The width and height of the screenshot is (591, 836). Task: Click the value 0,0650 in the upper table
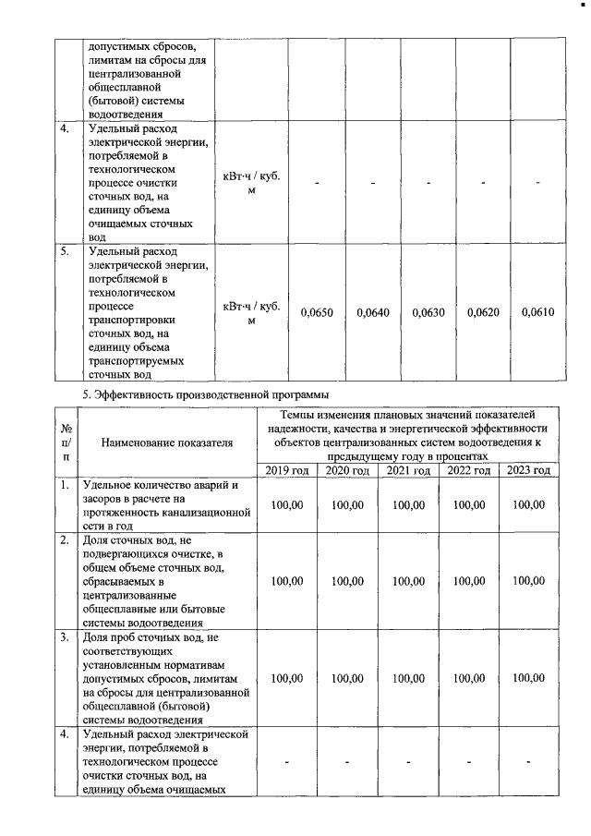click(317, 313)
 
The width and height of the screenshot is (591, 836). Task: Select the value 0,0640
click(373, 313)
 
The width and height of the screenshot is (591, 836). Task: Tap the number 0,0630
click(428, 313)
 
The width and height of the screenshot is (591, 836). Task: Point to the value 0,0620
click(483, 313)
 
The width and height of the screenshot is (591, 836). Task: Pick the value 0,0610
click(537, 313)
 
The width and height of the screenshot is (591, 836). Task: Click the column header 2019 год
click(288, 471)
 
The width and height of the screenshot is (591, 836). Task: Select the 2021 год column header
click(408, 471)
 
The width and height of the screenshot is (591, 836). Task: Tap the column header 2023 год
click(528, 471)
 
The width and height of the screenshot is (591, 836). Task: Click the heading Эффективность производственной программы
click(212, 395)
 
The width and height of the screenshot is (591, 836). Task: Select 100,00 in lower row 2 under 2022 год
click(468, 581)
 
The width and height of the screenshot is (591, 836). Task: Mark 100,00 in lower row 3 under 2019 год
click(288, 678)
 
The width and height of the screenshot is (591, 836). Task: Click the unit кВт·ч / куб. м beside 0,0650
click(251, 313)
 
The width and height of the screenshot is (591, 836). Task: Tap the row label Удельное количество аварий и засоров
click(166, 505)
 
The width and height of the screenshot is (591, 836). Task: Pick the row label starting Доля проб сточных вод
click(166, 678)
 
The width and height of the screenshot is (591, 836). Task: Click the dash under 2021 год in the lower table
click(408, 762)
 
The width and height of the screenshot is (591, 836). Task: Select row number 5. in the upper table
click(64, 250)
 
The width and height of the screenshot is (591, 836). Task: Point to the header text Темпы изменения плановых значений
click(408, 435)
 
